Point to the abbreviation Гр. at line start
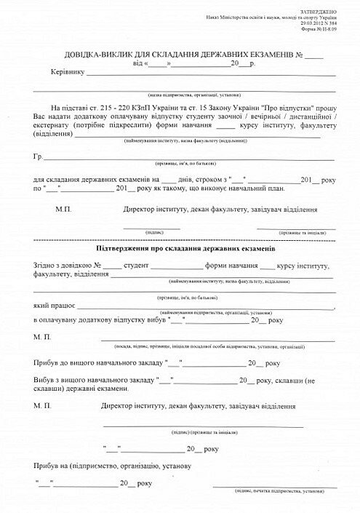(x=38, y=156)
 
